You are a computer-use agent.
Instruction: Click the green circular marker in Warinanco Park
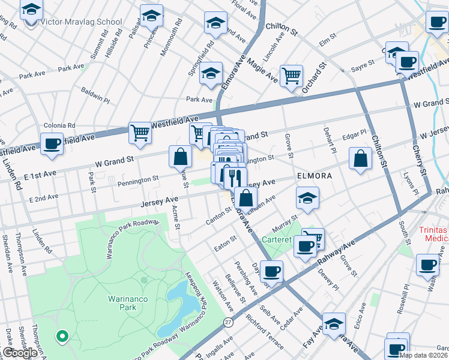pyautogui.click(x=61, y=336)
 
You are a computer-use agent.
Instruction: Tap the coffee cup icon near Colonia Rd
pyautogui.click(x=52, y=144)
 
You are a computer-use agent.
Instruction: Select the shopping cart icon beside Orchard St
pyautogui.click(x=291, y=76)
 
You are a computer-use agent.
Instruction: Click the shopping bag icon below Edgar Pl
pyautogui.click(x=360, y=159)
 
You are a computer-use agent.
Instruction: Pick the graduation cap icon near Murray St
pyautogui.click(x=307, y=198)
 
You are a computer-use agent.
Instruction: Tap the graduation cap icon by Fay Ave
pyautogui.click(x=334, y=324)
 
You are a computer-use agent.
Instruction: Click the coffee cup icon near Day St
pyautogui.click(x=271, y=271)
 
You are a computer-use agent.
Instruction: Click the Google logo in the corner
pyautogui.click(x=20, y=353)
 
